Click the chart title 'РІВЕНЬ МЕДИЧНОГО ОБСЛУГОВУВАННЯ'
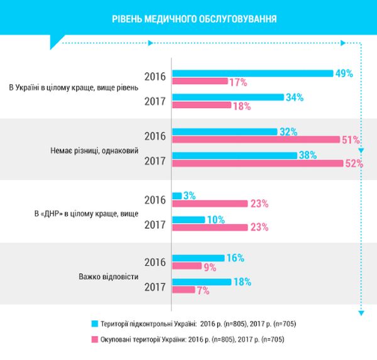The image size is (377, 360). (188, 18)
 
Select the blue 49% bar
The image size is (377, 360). (252, 73)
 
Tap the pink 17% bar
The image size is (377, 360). (200, 81)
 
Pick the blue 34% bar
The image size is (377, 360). (227, 97)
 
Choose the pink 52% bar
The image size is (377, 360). (256, 163)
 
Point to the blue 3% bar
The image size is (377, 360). (176, 195)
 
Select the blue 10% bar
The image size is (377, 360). (188, 219)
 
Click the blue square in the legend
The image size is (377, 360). (96, 324)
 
